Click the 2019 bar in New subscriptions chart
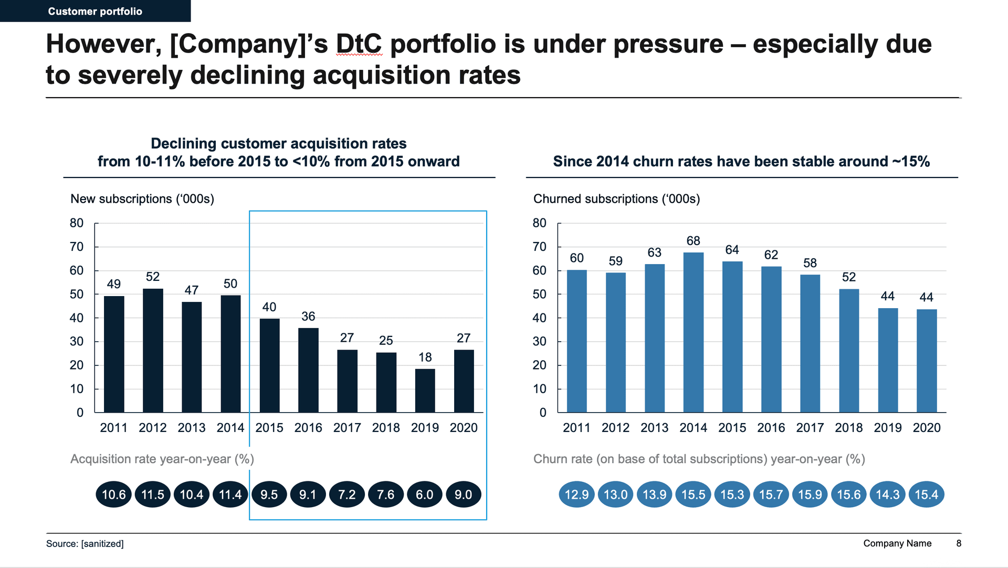(425, 391)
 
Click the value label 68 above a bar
(693, 241)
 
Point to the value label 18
(425, 357)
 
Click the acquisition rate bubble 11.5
(153, 495)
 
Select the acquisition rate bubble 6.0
(425, 495)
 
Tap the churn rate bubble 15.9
(810, 495)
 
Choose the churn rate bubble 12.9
(576, 495)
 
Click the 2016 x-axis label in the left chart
(308, 428)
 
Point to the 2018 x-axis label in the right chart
(849, 428)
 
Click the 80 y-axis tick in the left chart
(77, 223)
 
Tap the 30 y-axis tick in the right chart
(540, 342)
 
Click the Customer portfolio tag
(95, 11)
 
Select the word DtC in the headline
(359, 44)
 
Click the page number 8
(959, 543)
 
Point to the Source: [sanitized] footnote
(85, 544)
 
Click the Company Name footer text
(897, 543)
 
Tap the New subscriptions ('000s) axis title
(142, 199)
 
